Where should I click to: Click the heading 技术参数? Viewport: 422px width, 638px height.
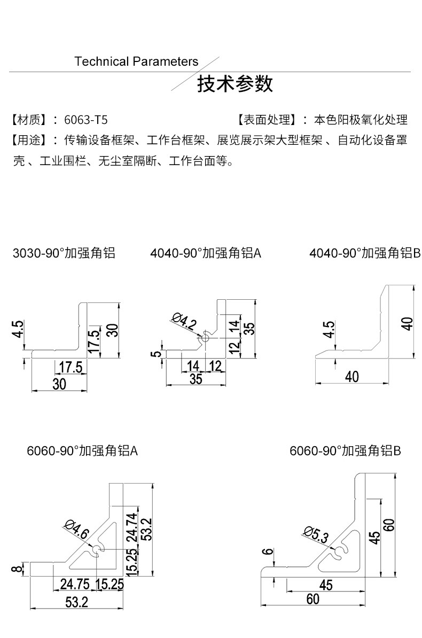(235, 84)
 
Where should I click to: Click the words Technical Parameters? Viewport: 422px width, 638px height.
(136, 61)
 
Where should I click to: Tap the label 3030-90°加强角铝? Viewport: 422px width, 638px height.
(64, 253)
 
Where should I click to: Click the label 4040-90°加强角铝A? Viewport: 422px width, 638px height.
(206, 253)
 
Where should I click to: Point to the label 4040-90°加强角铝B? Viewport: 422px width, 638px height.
(365, 253)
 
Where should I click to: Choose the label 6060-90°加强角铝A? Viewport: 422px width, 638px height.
(82, 451)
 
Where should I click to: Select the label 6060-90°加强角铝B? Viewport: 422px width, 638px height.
(345, 451)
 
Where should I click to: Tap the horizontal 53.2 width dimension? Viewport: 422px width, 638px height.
(77, 603)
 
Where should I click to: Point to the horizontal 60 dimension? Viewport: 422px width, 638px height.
(313, 600)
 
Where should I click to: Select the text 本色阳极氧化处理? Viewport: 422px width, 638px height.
(361, 119)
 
